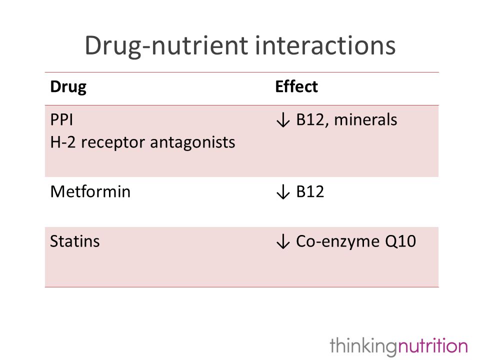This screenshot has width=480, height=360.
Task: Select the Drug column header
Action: click(68, 87)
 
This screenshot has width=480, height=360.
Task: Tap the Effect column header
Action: click(296, 86)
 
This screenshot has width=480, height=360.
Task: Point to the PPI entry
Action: click(61, 119)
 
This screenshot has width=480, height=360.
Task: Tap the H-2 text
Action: click(63, 142)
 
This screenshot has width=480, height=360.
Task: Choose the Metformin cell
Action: click(90, 191)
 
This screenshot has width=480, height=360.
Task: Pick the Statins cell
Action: click(74, 241)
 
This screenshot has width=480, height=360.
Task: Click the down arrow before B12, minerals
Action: click(283, 119)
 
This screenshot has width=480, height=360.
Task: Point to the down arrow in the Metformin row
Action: click(283, 192)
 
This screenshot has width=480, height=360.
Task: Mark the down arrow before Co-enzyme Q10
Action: click(283, 241)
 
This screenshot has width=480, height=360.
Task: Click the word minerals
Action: click(365, 119)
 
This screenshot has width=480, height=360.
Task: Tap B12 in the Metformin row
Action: click(310, 191)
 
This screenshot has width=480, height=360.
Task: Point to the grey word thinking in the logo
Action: click(363, 346)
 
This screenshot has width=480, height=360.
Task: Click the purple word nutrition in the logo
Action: click(432, 345)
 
